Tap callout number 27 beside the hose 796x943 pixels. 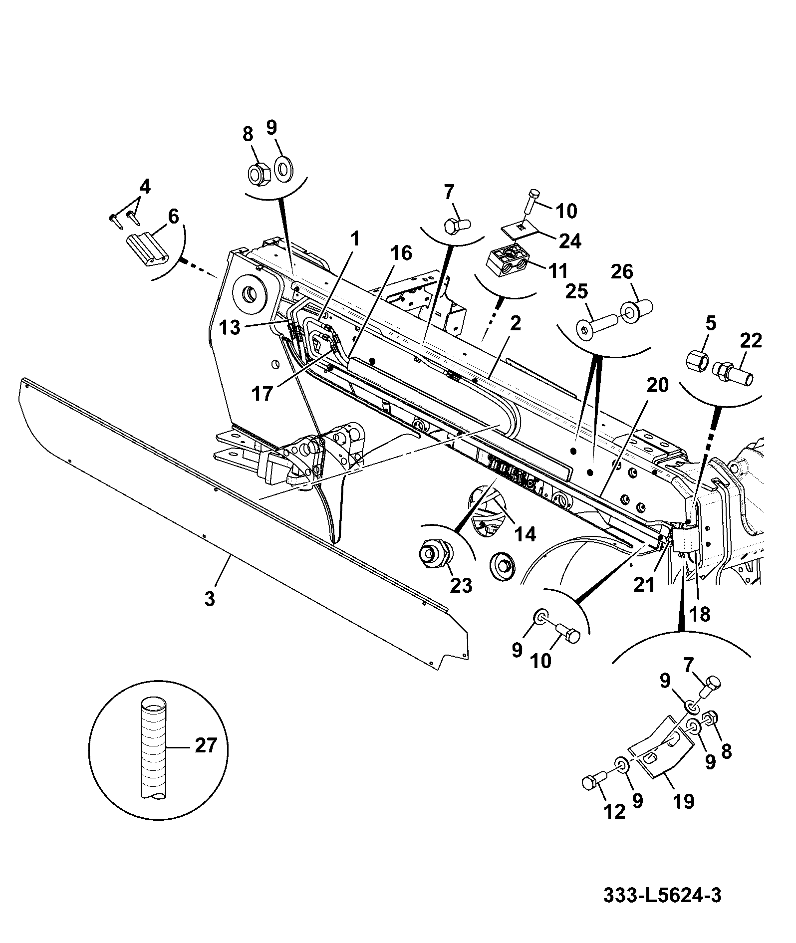(206, 745)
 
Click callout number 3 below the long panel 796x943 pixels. (210, 599)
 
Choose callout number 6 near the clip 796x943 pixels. (173, 217)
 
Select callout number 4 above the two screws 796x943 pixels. (144, 188)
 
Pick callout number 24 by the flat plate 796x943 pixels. (569, 241)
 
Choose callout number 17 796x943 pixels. (263, 394)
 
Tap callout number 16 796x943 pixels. (402, 253)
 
